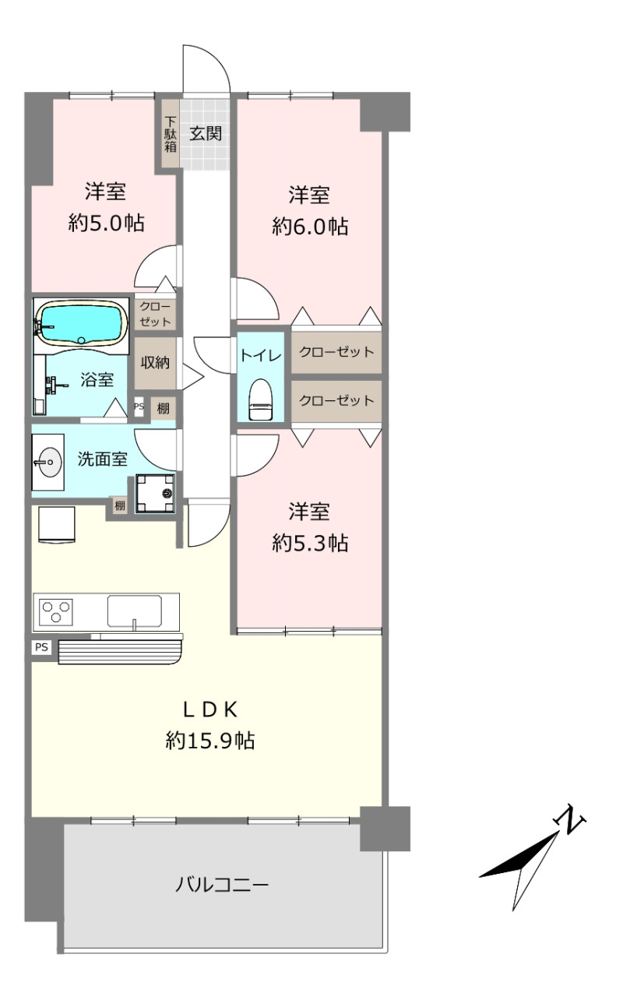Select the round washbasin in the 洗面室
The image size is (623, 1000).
tap(48, 463)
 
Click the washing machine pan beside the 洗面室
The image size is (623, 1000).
tap(155, 493)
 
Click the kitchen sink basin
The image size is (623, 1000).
tap(134, 611)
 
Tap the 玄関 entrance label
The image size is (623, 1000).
tap(206, 133)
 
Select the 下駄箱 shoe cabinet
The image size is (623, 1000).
tap(170, 133)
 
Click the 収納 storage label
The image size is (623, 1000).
tap(155, 362)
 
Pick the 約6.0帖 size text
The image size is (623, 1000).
tap(310, 227)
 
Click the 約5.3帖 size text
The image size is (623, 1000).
tap(310, 543)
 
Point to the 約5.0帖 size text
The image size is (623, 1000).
tap(106, 223)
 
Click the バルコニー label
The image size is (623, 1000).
tap(222, 885)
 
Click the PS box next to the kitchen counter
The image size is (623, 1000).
tap(41, 647)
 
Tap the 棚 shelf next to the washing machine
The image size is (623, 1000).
tap(120, 505)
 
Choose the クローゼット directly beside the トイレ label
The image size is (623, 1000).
tap(336, 352)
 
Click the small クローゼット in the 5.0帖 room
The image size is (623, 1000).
tap(155, 314)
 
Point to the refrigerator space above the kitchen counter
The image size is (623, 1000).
tap(57, 524)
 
